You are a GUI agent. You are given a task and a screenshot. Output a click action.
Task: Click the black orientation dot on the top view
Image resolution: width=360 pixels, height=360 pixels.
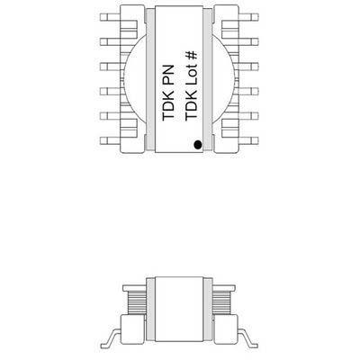196,142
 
